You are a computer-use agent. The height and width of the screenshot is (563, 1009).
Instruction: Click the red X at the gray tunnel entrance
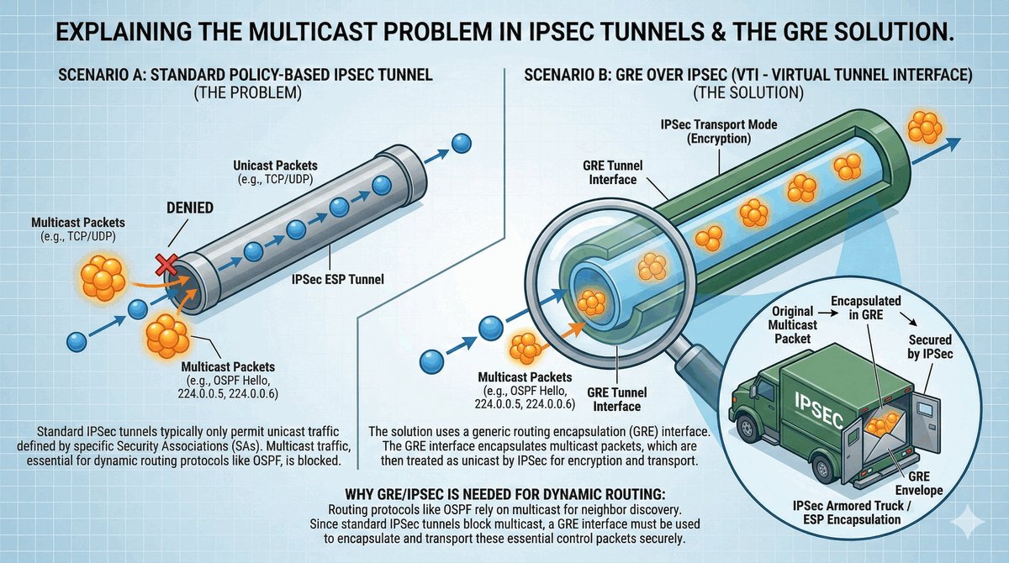click(166, 266)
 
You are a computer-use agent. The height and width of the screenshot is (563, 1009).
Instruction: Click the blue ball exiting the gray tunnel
click(460, 144)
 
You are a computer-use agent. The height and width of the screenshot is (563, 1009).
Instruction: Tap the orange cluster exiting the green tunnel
click(926, 126)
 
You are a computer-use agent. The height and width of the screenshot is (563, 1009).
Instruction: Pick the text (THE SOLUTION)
click(748, 91)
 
